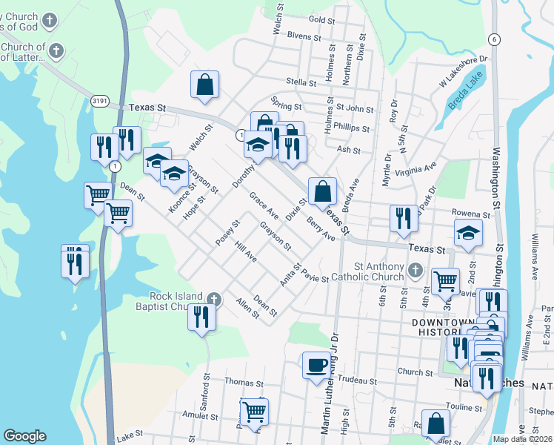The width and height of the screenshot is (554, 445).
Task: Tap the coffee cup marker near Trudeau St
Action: [x=316, y=365]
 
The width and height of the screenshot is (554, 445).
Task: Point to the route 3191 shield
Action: [x=101, y=100]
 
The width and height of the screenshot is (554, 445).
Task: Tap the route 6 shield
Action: [x=495, y=39]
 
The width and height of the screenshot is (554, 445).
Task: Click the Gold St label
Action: [x=322, y=19]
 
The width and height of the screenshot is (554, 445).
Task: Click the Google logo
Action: [x=24, y=436]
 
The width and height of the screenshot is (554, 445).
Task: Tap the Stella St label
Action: [x=301, y=82]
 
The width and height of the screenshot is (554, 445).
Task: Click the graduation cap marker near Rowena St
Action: [x=468, y=232]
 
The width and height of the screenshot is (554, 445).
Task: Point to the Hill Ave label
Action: [x=245, y=254]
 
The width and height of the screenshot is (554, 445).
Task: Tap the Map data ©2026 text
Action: [x=523, y=439]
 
